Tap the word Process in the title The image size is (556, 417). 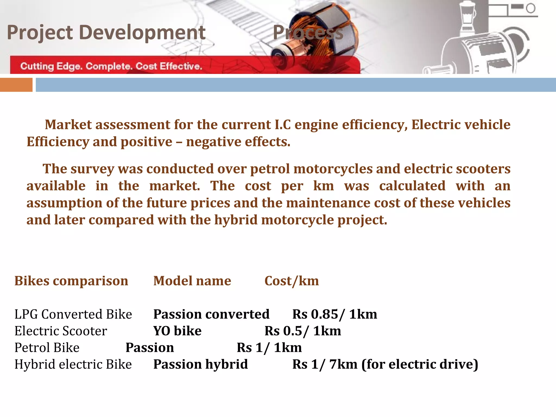(x=308, y=33)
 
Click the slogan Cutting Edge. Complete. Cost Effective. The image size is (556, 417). (x=111, y=66)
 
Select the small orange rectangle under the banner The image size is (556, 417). (x=16, y=85)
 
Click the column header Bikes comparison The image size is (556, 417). (x=71, y=281)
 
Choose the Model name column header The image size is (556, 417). (x=192, y=281)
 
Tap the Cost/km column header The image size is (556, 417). (x=292, y=281)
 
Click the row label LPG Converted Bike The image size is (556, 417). (x=73, y=314)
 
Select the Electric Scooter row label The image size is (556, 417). (x=61, y=331)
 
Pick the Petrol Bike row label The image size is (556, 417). (x=47, y=347)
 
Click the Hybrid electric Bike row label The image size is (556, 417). (x=73, y=364)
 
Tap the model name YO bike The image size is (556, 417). (x=177, y=331)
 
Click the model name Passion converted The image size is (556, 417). (x=211, y=314)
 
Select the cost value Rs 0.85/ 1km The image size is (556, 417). (x=334, y=314)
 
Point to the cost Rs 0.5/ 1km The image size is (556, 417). (x=303, y=331)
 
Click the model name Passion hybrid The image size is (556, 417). (x=200, y=364)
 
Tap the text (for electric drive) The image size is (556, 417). (x=419, y=364)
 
